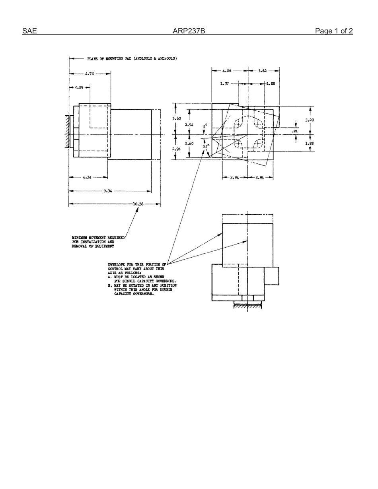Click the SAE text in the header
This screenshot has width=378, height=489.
point(29,31)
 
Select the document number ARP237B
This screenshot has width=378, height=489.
point(189,31)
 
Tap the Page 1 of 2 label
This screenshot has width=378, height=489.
point(333,31)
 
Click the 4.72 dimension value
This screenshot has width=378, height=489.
point(89,74)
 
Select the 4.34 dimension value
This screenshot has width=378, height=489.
point(88,177)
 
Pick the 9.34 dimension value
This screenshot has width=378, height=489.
point(107,191)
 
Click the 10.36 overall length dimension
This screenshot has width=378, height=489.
point(138,204)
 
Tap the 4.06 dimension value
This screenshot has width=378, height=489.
point(227,71)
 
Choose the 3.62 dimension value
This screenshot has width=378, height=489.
point(263,71)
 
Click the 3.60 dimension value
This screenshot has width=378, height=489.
point(176,118)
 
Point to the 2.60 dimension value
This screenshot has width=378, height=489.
point(189,144)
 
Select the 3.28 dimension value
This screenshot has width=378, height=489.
point(310,120)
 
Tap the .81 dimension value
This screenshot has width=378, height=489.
point(295,131)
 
